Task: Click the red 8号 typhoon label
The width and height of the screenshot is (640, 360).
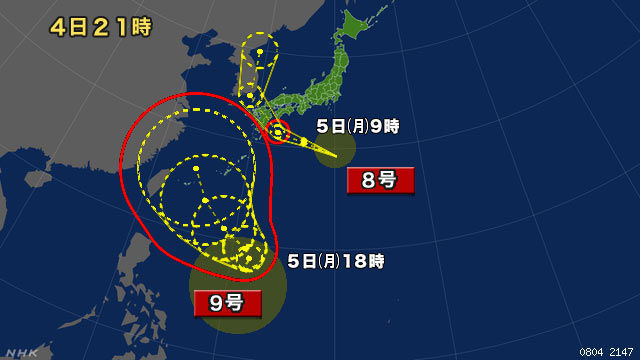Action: click(x=380, y=181)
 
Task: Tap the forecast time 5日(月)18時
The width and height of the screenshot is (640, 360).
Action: click(x=336, y=261)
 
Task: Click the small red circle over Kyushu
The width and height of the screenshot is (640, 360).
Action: click(x=278, y=129)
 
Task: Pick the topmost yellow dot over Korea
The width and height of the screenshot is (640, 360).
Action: click(x=261, y=50)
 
